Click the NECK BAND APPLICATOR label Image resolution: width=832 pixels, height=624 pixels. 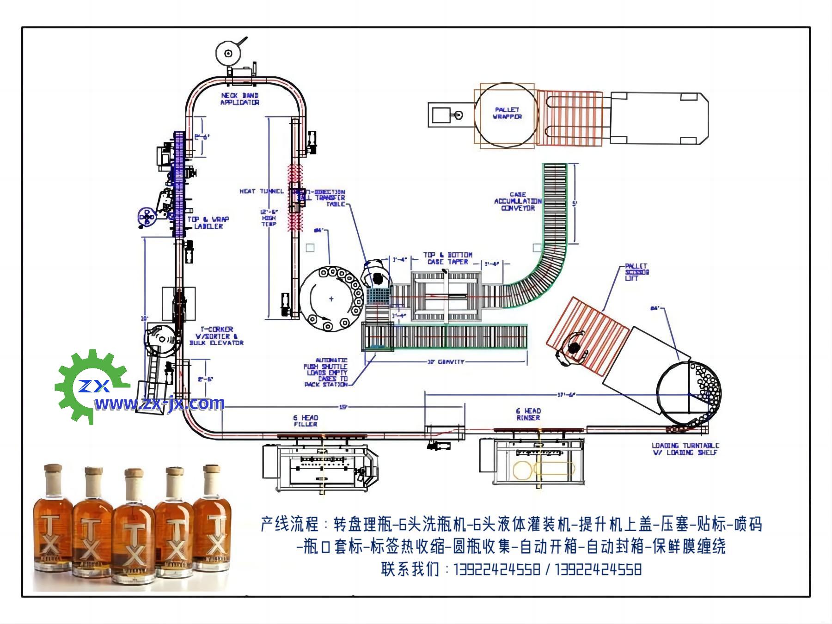pos(239,99)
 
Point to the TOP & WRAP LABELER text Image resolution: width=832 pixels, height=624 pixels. pos(208,222)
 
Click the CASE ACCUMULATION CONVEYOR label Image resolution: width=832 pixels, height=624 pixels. pos(518,202)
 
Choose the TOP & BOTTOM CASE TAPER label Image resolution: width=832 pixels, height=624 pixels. pos(448,258)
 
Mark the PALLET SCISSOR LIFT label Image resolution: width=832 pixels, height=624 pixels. pos(636,272)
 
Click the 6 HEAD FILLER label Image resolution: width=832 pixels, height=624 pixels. pos(306,421)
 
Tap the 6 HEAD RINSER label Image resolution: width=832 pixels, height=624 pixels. pos(528,414)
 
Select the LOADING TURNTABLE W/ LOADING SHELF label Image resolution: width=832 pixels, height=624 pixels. pos(685,449)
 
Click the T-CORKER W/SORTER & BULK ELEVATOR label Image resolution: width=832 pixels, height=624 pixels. pos(216,336)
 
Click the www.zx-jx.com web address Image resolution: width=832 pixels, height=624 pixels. pos(159,404)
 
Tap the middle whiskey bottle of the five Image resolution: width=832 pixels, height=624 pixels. pos(134,525)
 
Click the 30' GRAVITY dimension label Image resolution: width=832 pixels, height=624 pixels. pos(445,361)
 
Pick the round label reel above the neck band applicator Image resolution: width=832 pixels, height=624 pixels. pos(228,53)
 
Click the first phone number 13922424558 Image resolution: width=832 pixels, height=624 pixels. pos(497,569)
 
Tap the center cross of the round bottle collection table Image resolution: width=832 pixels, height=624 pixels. pos(331,299)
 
